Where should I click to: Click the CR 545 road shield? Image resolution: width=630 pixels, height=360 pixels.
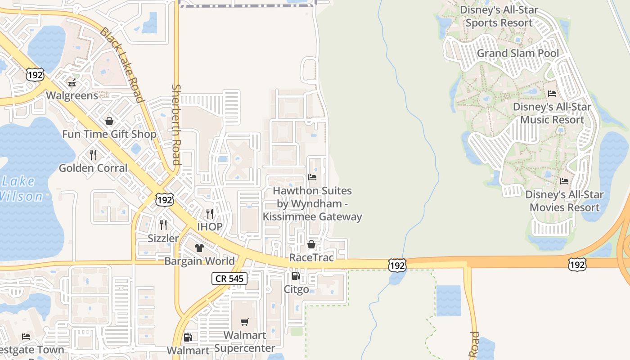click(x=229, y=279)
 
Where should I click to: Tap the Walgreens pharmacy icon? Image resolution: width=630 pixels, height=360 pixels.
click(x=72, y=82)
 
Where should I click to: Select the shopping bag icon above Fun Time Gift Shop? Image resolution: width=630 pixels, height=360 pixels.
click(x=109, y=121)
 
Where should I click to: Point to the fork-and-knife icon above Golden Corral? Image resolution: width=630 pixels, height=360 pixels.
click(x=93, y=155)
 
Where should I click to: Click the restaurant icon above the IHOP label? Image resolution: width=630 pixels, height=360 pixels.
click(x=210, y=213)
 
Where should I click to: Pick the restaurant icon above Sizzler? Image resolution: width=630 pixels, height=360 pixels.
click(x=163, y=225)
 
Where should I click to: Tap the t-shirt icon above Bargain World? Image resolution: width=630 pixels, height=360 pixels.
click(x=199, y=247)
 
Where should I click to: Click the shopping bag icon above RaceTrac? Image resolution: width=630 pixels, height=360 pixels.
click(x=311, y=244)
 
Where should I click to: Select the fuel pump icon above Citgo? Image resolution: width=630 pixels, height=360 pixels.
click(x=296, y=276)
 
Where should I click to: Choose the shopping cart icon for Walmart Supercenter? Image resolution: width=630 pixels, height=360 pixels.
click(x=244, y=322)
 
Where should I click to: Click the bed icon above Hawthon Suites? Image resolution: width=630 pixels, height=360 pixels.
click(x=312, y=177)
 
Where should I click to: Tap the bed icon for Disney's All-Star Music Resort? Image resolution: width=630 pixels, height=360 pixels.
click(x=552, y=94)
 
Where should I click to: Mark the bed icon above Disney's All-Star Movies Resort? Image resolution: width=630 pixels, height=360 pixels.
click(x=564, y=181)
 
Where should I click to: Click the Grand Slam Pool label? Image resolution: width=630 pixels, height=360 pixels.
click(x=517, y=53)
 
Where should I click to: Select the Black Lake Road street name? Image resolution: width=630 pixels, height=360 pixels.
click(x=121, y=65)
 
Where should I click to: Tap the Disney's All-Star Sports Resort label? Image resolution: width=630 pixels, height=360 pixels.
click(x=499, y=16)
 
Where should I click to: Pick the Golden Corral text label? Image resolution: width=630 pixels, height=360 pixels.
click(x=94, y=168)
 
